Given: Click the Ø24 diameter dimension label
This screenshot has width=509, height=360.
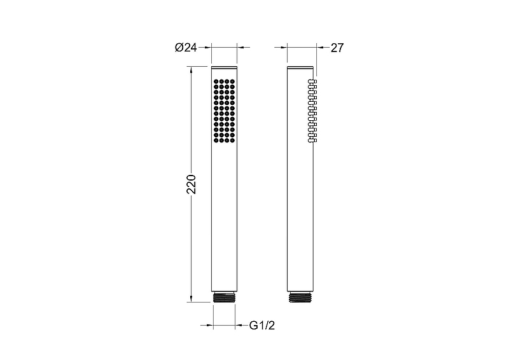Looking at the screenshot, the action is [186, 48].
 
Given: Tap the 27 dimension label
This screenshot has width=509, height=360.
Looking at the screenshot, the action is [337, 48].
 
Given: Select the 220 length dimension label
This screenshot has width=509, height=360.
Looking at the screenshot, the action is [192, 184].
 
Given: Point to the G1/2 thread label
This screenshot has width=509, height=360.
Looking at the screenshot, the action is [262, 325].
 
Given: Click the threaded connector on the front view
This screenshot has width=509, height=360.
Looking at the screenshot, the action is [224, 297].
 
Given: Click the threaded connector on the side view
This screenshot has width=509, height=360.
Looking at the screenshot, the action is [300, 297].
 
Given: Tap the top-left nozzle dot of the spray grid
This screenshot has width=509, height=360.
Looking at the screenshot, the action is [216, 81].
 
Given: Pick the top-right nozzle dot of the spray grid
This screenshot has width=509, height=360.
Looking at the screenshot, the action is [232, 81].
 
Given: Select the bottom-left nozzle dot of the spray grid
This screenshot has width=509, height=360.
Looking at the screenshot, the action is [216, 140].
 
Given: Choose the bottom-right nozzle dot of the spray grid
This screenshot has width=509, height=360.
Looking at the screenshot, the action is [232, 140].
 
